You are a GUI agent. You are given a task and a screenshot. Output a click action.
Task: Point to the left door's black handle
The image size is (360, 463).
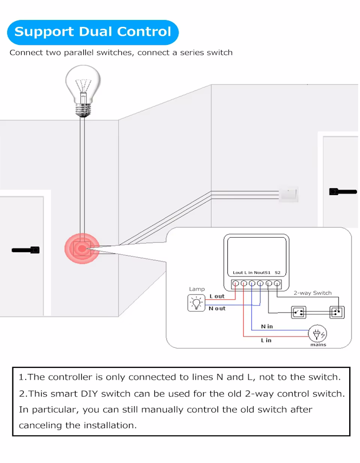tap(26, 251)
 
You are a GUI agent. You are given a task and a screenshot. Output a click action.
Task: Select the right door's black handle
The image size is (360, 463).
tap(343, 192)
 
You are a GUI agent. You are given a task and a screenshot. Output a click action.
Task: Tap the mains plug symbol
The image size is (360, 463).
tap(317, 334)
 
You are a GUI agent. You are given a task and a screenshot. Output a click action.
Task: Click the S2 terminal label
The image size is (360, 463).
tap(278, 272)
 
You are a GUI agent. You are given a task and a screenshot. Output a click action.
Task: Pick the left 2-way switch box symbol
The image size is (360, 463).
tap(298, 312)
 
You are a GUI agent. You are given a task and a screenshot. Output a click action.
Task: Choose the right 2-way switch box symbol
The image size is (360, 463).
tap(336, 312)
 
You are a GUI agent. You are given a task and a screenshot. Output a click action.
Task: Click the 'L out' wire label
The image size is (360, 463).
tap(217, 296)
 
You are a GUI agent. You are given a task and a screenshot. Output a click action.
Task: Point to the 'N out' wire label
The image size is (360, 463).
tap(217, 308)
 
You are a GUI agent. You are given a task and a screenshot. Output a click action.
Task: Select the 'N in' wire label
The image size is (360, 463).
tap(266, 326)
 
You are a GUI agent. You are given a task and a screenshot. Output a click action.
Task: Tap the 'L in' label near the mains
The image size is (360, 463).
tap(266, 340)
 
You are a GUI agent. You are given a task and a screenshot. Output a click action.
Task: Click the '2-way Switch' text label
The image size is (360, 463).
tap(313, 293)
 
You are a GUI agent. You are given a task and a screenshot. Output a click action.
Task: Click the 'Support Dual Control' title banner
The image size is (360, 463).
tap(93, 32)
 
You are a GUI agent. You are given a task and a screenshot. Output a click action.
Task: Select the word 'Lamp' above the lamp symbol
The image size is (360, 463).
tap(196, 290)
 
